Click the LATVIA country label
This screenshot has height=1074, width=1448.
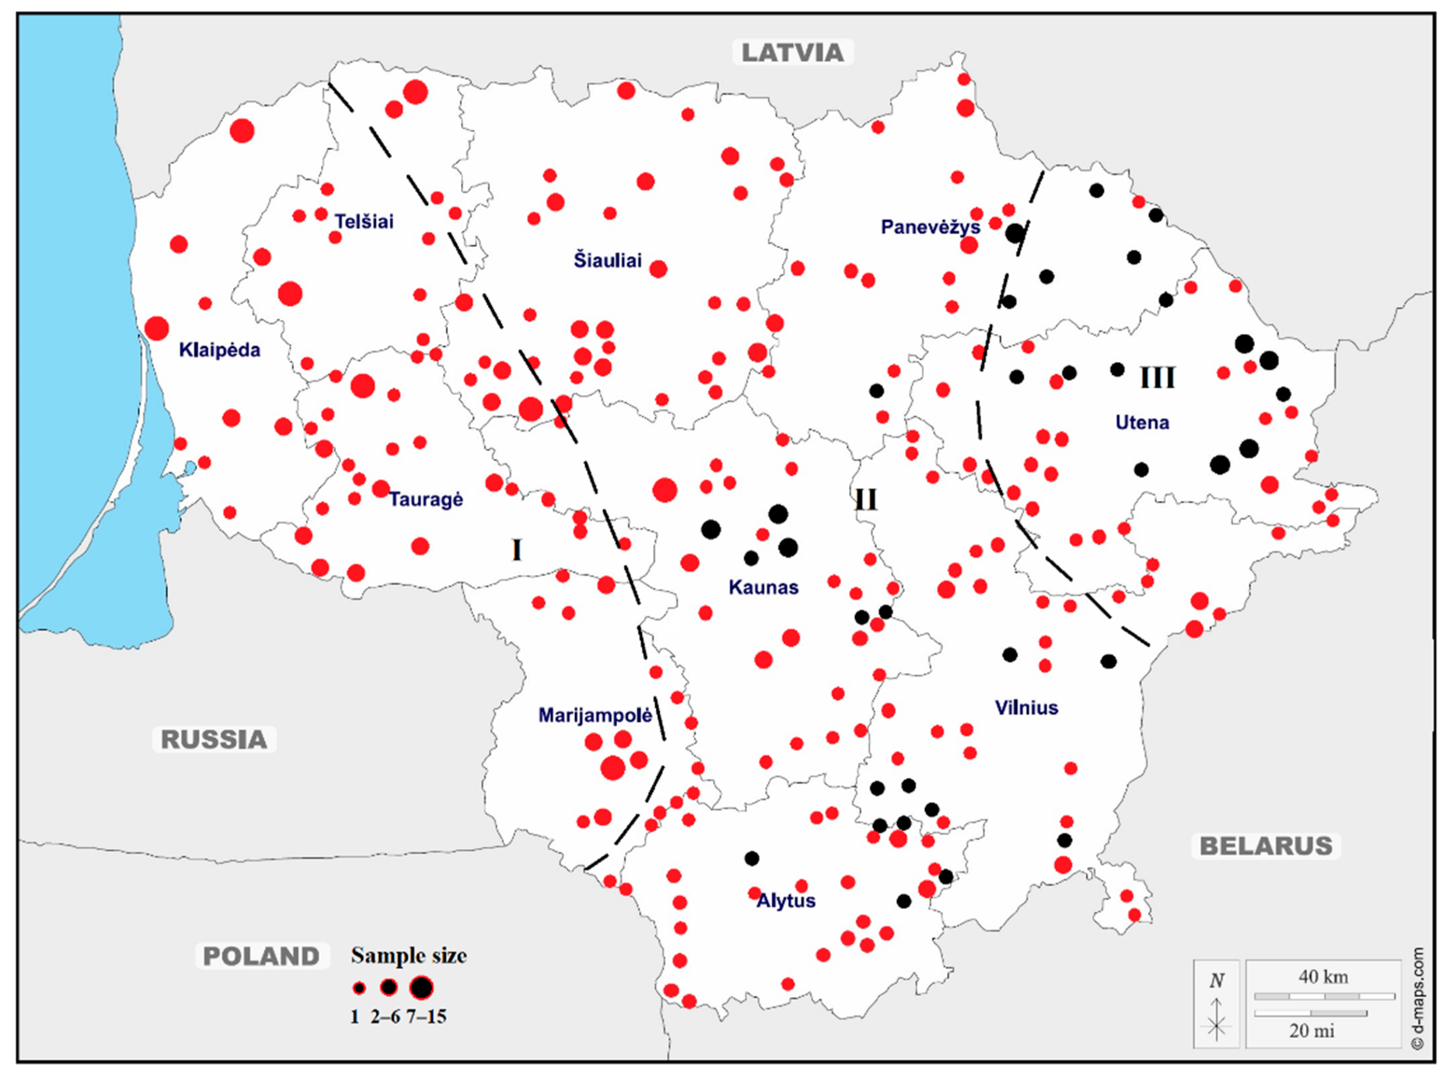point(792,53)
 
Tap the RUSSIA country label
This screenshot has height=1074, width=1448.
point(214,739)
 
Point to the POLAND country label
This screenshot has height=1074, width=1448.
point(261,956)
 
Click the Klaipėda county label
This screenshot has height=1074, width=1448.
point(220,350)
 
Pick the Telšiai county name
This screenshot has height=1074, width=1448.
point(364,222)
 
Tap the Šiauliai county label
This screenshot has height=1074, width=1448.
point(608,261)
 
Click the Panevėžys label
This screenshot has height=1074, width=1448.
point(930,227)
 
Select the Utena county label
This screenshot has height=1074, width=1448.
point(1142,423)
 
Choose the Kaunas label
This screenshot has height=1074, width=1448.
point(763,588)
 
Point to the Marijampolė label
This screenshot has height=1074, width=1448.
point(595,716)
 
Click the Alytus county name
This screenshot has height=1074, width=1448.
point(786,901)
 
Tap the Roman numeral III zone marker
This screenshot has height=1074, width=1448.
point(1158,378)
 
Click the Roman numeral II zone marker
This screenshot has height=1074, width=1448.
point(866,500)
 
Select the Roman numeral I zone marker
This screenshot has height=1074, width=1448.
point(517,551)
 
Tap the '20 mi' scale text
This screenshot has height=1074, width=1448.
point(1312,1031)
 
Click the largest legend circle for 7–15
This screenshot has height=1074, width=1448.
point(421,988)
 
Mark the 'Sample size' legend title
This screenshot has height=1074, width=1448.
point(409,956)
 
